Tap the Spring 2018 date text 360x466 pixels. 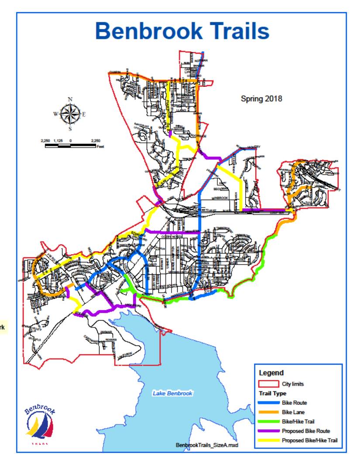pos(262,99)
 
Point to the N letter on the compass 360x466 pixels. pos(70,99)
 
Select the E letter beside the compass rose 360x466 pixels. pos(84,114)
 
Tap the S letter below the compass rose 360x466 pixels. pos(70,129)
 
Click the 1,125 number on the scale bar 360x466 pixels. pos(58,140)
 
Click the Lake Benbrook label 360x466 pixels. pos(172,394)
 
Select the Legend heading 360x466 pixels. pos(271,373)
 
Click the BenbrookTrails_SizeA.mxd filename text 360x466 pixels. pos(207,445)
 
